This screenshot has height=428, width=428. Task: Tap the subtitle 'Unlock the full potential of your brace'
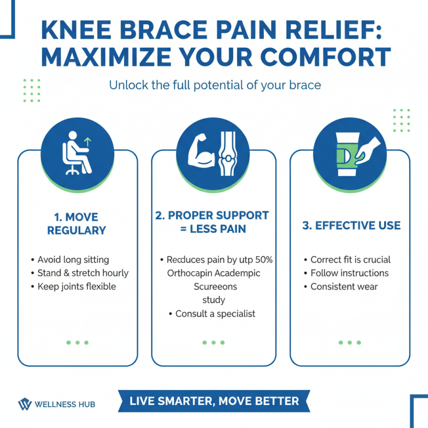pyautogui.click(x=215, y=85)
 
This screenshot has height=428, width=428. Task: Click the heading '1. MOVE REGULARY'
pyautogui.click(x=77, y=223)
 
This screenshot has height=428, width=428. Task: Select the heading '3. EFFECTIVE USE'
pyautogui.click(x=351, y=225)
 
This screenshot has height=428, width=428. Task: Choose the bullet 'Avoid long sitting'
pyautogui.click(x=73, y=259)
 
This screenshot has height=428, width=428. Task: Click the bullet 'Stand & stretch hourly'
pyautogui.click(x=83, y=273)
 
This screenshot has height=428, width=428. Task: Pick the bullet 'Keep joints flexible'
pyautogui.click(x=77, y=286)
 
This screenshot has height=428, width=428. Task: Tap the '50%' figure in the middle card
pyautogui.click(x=263, y=259)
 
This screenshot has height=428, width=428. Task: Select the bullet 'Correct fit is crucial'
pyautogui.click(x=350, y=259)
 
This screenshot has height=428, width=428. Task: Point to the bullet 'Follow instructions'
pyautogui.click(x=349, y=273)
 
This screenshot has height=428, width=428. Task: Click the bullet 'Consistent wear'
pyautogui.click(x=344, y=286)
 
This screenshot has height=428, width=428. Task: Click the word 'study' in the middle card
pyautogui.click(x=213, y=300)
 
